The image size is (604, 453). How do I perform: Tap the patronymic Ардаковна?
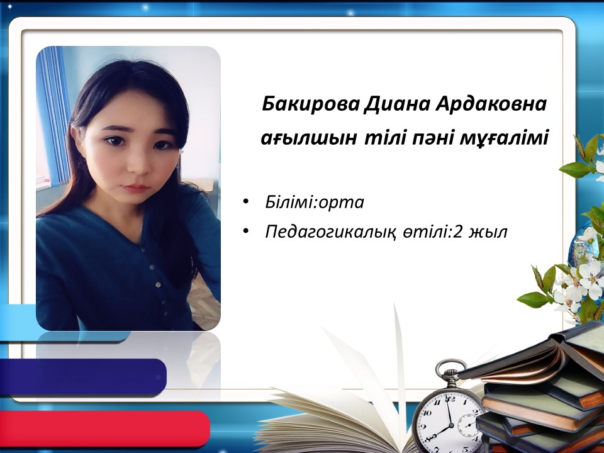coord(491,105)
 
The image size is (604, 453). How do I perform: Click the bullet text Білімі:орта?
coord(315,202)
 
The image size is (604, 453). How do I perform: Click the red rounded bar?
coord(105,427)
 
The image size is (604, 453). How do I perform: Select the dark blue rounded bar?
coord(83,377)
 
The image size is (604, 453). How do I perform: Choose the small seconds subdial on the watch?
coord(469,423)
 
